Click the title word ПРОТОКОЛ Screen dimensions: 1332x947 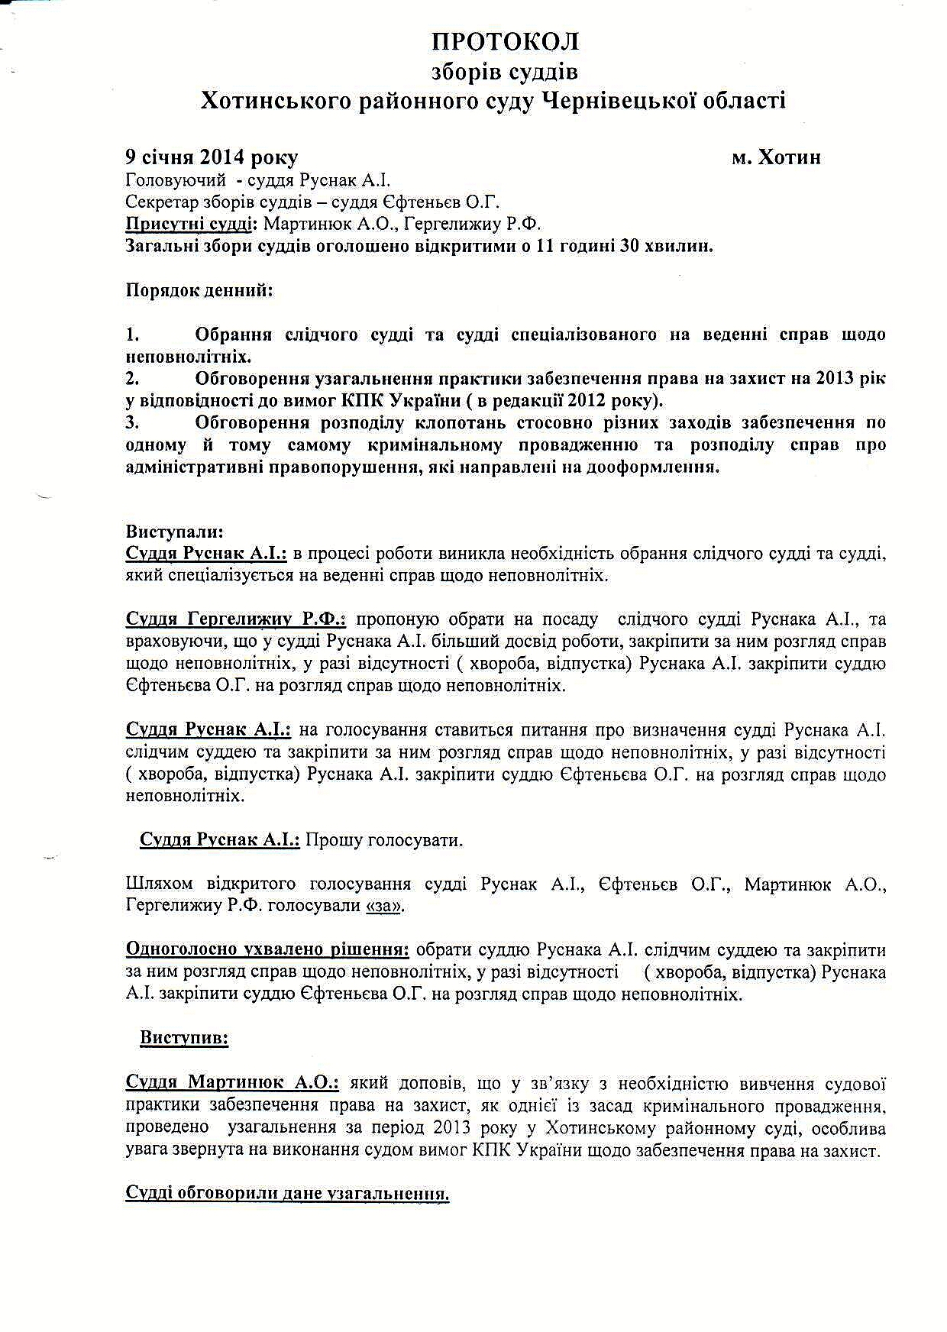point(505,41)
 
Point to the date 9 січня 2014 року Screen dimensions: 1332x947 point(212,157)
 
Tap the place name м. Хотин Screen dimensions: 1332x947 point(776,157)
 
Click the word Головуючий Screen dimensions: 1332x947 point(176,181)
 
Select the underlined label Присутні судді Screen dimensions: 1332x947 point(190,225)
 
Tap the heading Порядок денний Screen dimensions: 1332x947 point(199,291)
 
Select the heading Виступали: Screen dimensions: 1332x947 point(175,532)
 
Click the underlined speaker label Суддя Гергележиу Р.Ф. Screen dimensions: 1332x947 point(235,619)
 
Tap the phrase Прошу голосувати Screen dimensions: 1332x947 point(384,840)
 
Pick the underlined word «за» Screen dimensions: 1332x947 point(386,907)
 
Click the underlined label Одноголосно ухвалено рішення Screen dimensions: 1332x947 point(267,951)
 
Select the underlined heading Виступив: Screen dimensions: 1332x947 point(184,1039)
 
